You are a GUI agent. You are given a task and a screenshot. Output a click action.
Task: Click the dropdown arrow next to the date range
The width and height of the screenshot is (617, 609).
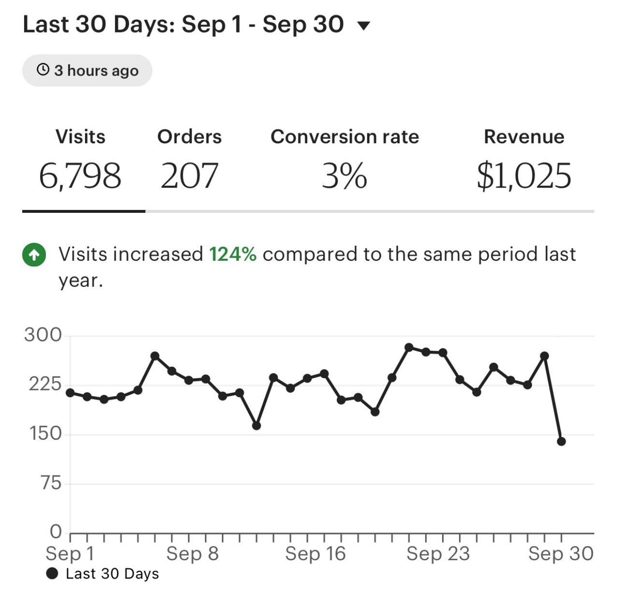364,26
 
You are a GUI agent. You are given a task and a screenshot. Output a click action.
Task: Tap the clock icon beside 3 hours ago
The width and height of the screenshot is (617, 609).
43,70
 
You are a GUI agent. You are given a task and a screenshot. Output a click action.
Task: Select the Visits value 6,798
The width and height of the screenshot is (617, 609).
80,176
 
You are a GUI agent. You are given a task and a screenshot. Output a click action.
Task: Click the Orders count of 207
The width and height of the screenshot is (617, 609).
189,176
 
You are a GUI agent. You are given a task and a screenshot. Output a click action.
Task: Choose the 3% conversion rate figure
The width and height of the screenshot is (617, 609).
344,176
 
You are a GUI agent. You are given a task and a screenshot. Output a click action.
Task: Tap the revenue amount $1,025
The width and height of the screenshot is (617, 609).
524,176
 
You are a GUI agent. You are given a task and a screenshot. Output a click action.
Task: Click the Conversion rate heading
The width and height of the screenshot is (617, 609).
344,137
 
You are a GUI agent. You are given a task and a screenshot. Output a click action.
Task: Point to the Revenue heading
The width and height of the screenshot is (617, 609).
524,137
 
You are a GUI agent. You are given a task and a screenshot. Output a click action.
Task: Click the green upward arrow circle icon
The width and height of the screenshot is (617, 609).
34,255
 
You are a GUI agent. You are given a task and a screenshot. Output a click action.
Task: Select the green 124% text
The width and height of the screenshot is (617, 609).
232,254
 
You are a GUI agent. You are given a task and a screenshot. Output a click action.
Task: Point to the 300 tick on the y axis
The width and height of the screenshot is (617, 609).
43,335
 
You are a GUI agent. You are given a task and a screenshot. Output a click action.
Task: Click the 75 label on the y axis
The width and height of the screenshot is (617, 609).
51,483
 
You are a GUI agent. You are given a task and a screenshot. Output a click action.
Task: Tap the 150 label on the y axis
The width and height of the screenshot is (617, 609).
46,433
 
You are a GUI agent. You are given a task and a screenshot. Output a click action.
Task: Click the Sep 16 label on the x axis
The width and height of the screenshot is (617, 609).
316,553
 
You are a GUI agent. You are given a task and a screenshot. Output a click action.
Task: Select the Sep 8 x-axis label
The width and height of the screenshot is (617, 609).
192,553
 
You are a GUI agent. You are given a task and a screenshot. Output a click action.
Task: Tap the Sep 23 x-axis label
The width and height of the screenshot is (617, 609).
438,553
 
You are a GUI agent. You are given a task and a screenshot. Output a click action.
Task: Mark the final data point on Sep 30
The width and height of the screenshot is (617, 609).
561,441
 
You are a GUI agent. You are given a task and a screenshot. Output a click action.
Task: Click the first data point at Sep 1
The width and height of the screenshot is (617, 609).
71,393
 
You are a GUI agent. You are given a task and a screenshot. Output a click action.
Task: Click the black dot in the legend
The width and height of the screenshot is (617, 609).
52,574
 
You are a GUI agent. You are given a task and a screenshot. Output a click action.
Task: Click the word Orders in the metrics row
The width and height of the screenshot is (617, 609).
189,137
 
